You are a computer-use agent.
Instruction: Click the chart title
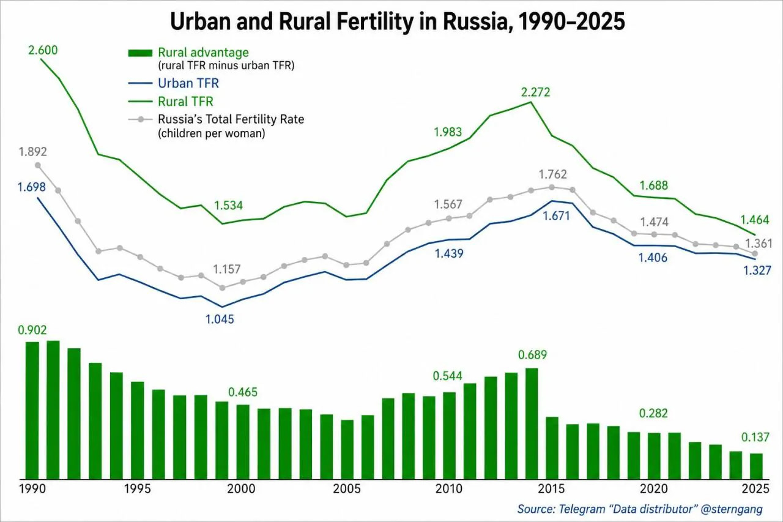point(397,21)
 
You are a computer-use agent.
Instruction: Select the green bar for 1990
point(32,411)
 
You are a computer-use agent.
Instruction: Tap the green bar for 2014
point(532,423)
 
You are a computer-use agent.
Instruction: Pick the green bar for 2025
point(757,466)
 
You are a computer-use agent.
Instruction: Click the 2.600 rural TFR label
point(43,50)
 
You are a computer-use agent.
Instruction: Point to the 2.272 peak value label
point(535,92)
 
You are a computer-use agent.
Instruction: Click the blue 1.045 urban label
point(220,319)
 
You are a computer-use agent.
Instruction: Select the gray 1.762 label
point(552,174)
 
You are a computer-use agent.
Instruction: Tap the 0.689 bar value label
point(532,355)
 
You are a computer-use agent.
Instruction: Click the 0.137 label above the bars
point(755,437)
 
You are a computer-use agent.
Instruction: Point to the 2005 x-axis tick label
point(346,489)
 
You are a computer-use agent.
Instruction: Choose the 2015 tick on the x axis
point(551,489)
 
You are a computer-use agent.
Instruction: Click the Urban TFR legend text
point(188,83)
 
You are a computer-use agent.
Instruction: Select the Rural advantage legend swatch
point(140,53)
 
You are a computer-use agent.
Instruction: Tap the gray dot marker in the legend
point(141,119)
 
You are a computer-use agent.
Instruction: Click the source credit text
point(640,509)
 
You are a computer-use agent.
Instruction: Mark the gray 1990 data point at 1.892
point(38,165)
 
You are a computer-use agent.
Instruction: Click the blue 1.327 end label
point(757,270)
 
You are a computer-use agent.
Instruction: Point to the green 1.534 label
point(228,205)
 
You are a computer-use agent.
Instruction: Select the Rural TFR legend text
point(185,102)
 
